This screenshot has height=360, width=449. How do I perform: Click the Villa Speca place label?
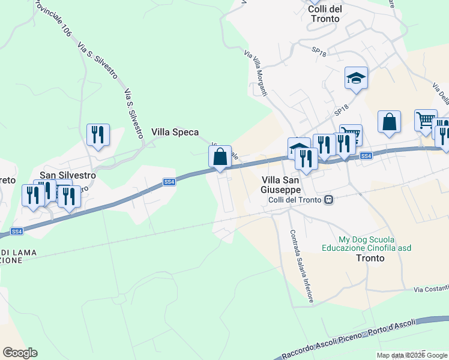[x=175, y=132]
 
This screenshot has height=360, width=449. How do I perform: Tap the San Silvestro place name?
[x=67, y=175]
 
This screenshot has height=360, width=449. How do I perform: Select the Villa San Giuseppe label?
[x=285, y=184]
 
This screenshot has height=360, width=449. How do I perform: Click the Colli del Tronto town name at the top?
[x=324, y=13]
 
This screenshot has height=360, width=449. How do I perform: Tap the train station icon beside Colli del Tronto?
[x=328, y=200]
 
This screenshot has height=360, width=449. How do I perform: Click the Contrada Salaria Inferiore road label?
[x=301, y=267]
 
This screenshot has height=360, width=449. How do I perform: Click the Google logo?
[x=20, y=353]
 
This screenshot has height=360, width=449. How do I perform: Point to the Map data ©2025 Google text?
[x=412, y=355]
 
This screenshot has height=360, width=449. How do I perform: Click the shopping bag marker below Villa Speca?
[x=220, y=157]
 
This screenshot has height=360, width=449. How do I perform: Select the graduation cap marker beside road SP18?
[x=356, y=78]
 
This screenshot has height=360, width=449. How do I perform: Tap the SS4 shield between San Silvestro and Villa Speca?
[x=169, y=181]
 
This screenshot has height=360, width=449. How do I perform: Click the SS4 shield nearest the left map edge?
[x=17, y=231]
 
